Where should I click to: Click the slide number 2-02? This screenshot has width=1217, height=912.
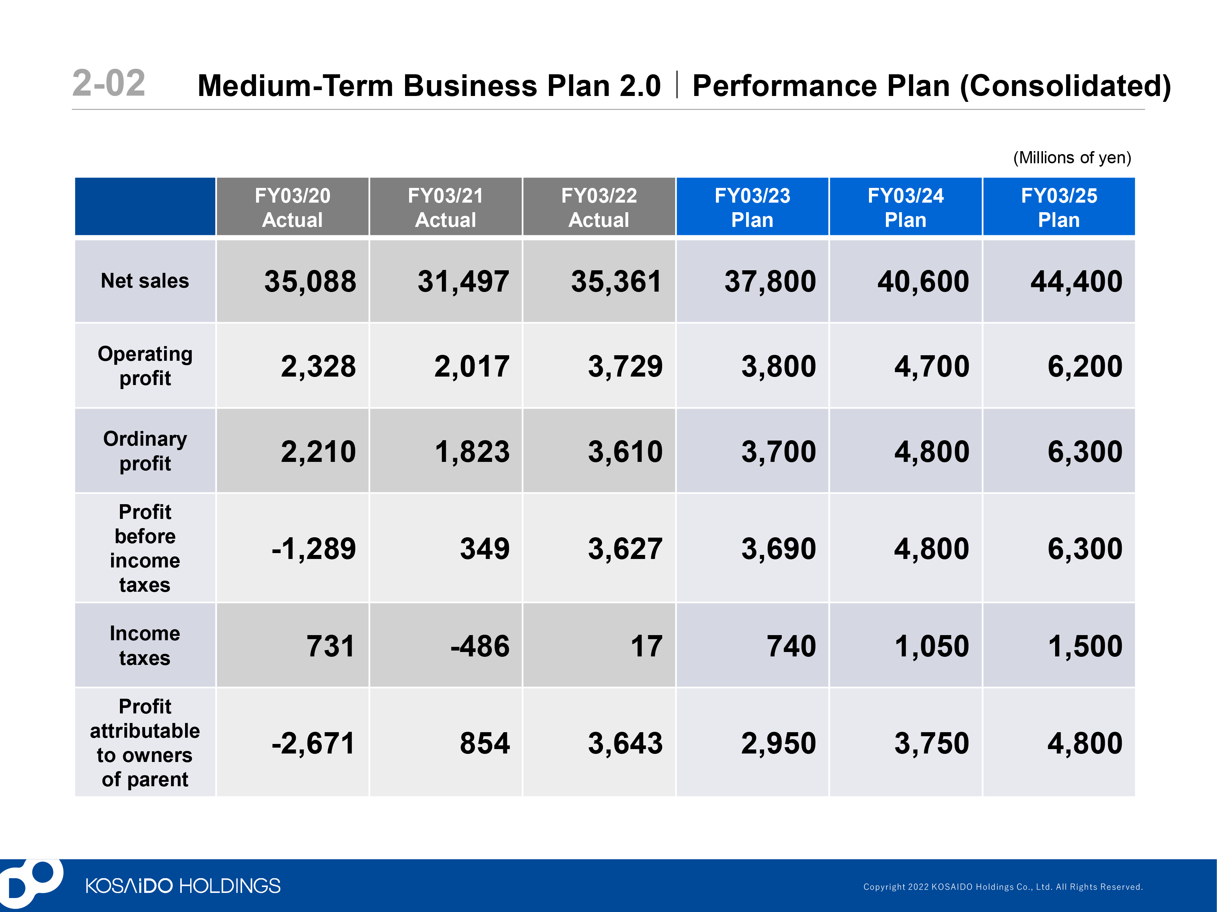pyautogui.click(x=109, y=83)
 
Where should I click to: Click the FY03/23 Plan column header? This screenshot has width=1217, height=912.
pyautogui.click(x=752, y=207)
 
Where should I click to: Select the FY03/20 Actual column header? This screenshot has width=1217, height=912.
pyautogui.click(x=292, y=207)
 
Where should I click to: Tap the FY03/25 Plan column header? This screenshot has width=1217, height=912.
pyautogui.click(x=1058, y=207)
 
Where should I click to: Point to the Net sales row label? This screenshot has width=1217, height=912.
pyautogui.click(x=145, y=281)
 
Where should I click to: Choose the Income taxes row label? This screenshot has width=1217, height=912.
pyautogui.click(x=145, y=645)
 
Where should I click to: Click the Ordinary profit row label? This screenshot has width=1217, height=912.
pyautogui.click(x=145, y=450)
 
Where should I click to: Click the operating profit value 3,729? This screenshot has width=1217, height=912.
pyautogui.click(x=625, y=366)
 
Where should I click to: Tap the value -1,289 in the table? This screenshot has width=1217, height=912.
pyautogui.click(x=313, y=548)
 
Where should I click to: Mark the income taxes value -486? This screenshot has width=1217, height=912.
pyautogui.click(x=480, y=646)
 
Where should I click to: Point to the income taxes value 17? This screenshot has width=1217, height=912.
pyautogui.click(x=646, y=646)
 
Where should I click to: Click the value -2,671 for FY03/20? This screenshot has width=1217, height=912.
pyautogui.click(x=313, y=743)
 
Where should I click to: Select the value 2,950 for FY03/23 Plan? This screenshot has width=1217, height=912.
pyautogui.click(x=778, y=743)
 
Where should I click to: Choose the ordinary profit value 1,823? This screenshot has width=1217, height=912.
pyautogui.click(x=472, y=452)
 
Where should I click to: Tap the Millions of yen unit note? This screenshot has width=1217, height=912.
pyautogui.click(x=1072, y=158)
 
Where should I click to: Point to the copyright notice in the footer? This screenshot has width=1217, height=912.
pyautogui.click(x=1003, y=887)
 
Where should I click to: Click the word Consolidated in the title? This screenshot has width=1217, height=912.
pyautogui.click(x=1065, y=86)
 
